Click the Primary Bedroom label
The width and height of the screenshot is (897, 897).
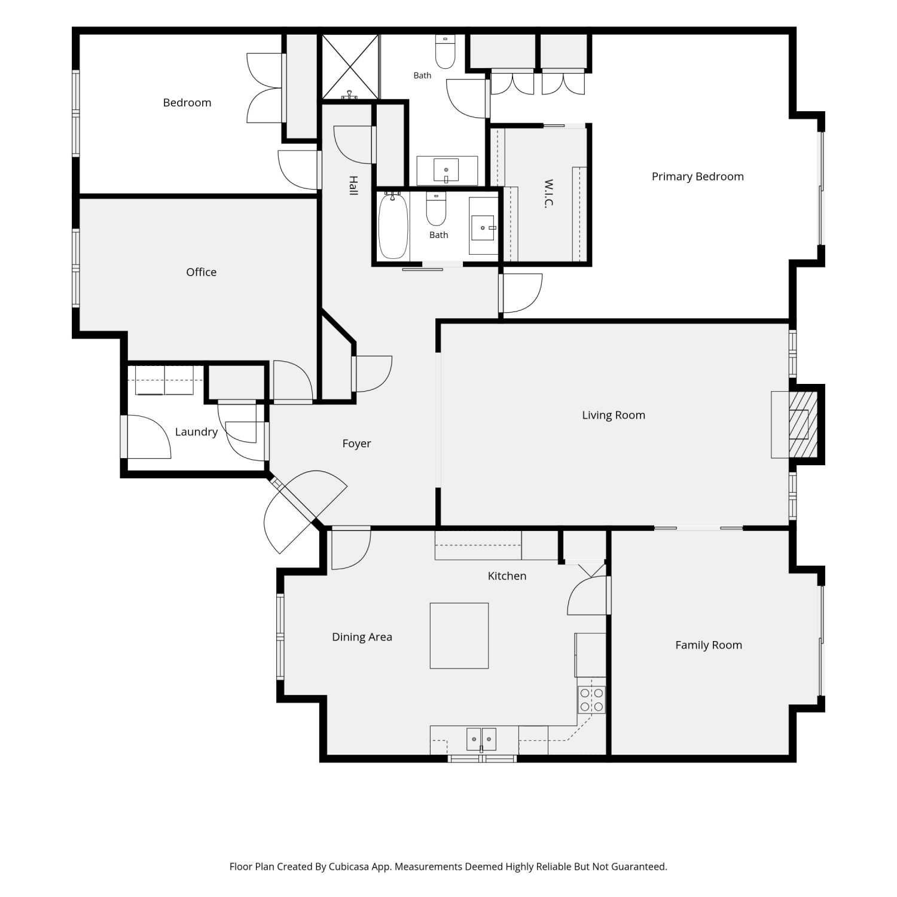697,176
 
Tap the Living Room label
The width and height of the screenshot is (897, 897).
614,415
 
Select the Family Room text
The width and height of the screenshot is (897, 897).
709,645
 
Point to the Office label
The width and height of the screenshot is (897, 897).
201,272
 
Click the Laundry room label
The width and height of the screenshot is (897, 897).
196,432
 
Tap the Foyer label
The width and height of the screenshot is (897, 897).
356,444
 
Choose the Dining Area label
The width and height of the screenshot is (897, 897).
362,637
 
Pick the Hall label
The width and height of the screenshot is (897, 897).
353,185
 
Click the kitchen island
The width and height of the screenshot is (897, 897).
459,636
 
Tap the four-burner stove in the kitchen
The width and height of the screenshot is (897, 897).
591,700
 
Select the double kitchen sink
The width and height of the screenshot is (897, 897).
481,739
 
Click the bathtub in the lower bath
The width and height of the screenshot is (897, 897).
393,225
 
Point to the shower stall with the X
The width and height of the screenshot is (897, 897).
350,66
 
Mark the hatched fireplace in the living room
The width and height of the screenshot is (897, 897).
803,425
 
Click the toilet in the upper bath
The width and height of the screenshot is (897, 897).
445,52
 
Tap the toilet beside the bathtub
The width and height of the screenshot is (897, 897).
436,208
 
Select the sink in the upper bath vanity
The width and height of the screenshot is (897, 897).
446,170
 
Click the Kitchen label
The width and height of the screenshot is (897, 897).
507,576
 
